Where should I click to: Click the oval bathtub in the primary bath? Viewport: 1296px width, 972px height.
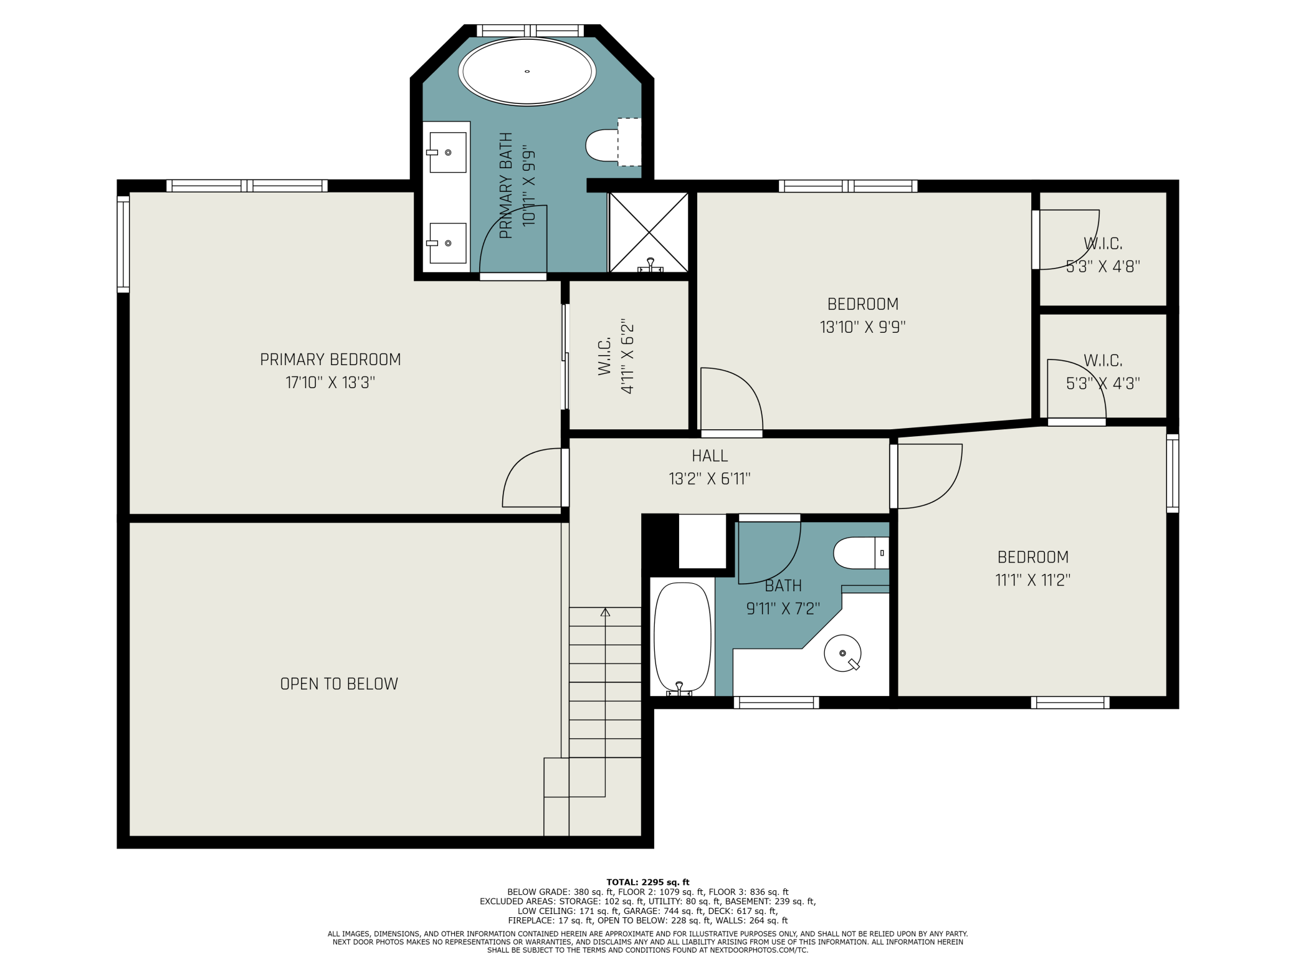click(527, 71)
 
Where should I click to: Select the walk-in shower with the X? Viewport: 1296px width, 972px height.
click(649, 232)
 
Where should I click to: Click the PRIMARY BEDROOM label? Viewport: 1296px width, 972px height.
click(330, 360)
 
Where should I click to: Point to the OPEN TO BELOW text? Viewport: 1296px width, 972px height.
click(339, 684)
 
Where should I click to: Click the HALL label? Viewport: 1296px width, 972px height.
click(710, 456)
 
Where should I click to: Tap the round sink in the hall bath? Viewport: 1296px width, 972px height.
click(842, 653)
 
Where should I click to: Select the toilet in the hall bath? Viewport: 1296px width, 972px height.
click(861, 553)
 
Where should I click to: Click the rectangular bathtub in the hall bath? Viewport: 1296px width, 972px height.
click(682, 639)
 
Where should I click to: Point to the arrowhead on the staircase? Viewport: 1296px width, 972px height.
click(605, 612)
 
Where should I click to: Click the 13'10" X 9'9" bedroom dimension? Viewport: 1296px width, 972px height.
click(862, 326)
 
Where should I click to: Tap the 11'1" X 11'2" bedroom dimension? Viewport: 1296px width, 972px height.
click(1032, 580)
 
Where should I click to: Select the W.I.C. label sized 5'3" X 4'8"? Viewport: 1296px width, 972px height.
click(1103, 243)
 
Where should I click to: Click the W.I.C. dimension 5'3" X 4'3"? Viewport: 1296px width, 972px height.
click(1103, 383)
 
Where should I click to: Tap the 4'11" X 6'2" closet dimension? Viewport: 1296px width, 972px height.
click(627, 356)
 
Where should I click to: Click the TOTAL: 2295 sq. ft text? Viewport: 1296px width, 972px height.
click(648, 882)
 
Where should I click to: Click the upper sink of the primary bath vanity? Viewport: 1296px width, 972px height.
click(447, 152)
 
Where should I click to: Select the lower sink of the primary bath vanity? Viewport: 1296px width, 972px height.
click(447, 243)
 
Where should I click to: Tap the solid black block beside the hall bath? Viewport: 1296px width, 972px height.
click(660, 541)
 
